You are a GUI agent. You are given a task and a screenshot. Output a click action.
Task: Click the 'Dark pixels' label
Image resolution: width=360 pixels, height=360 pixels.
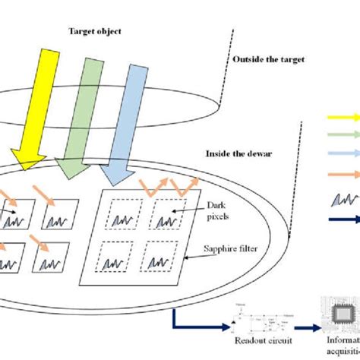click(x=220, y=210)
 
